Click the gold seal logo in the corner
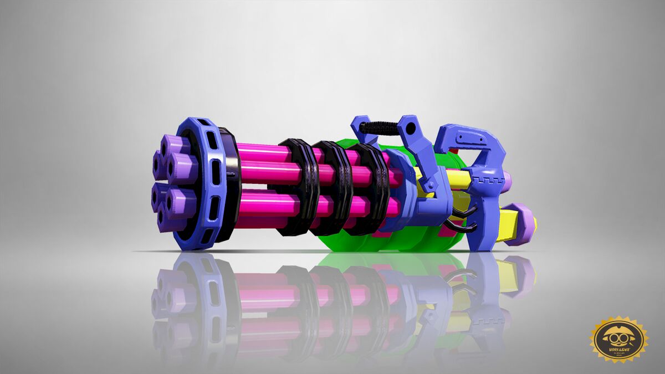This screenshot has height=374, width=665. (x=618, y=340)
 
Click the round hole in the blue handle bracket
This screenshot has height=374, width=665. (x=410, y=129)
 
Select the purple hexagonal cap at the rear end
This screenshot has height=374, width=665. (x=521, y=224)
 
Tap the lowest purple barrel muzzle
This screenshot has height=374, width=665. (x=171, y=221)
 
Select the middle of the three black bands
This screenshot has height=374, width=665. (x=332, y=188)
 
